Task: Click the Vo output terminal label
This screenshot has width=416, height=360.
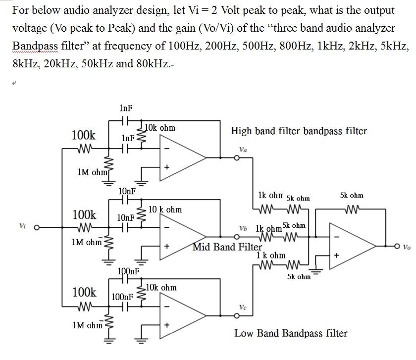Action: coord(407,246)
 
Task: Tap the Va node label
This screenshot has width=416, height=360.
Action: coord(243,149)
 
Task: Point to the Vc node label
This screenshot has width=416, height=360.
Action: coord(243,308)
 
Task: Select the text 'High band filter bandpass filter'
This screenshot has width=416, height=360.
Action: coord(299,131)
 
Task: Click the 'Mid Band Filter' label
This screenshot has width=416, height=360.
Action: coord(227,247)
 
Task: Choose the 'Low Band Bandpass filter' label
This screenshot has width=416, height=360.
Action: coord(291,333)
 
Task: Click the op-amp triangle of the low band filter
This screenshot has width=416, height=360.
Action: coord(181,317)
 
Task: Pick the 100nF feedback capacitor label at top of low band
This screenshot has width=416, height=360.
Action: coord(129,271)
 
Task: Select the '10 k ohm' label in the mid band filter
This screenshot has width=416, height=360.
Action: coord(165,210)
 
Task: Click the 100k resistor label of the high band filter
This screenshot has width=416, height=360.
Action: coord(84,135)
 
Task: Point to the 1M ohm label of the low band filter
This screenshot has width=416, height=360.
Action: coord(87,325)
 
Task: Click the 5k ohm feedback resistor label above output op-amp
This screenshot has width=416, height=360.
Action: coord(352,196)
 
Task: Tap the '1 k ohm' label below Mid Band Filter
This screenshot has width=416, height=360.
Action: coord(271,256)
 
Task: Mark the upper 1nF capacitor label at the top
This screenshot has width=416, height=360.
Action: coord(126,108)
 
